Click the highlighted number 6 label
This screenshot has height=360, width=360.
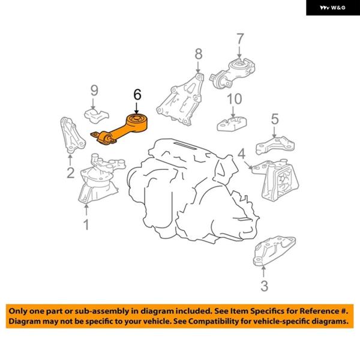coord(137,95)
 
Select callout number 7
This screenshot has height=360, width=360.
coord(240,38)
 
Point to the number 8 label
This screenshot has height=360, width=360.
coord(199,54)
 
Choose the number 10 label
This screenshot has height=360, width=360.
coord(234,99)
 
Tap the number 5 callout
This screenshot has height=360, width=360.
coord(275,119)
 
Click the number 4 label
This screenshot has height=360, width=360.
coord(242,154)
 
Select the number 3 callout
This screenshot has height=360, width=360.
coord(264,286)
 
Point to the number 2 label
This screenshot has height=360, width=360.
coord(70,173)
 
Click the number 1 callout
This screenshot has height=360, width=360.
coord(86,224)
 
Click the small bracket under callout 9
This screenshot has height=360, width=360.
coord(97,115)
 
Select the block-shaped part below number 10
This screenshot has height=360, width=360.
coord(232,124)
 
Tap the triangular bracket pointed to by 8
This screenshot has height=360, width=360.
coord(181,100)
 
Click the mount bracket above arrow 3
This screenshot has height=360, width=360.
coord(274,251)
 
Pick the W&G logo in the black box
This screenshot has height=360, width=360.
coord(332,8)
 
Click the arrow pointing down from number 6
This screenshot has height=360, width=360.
coord(137,108)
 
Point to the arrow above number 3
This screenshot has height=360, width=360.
coord(263,271)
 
